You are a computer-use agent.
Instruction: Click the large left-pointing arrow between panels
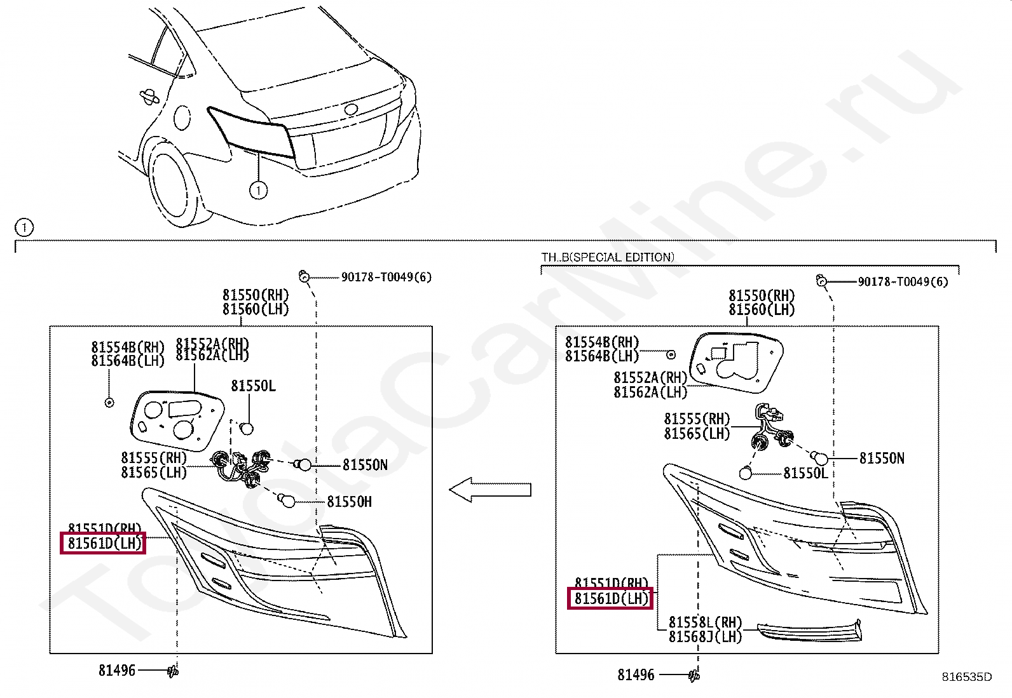pyautogui.click(x=489, y=490)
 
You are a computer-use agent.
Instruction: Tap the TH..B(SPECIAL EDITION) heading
pyautogui.click(x=607, y=257)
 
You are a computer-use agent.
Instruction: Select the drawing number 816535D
pyautogui.click(x=966, y=677)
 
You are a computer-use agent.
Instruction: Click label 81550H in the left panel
pyautogui.click(x=349, y=502)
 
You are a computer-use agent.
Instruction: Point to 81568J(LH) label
pyautogui.click(x=705, y=636)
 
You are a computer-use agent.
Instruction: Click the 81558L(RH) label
pyautogui.click(x=705, y=622)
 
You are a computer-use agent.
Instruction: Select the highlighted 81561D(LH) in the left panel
pyautogui.click(x=104, y=543)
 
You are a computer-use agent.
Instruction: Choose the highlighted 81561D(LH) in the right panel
pyautogui.click(x=610, y=598)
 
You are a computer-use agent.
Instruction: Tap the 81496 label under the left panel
pyautogui.click(x=117, y=670)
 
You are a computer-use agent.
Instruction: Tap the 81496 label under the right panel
pyautogui.click(x=636, y=675)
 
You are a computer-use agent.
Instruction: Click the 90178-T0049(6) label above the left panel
pyautogui.click(x=386, y=277)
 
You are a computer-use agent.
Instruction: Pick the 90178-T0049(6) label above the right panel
pyautogui.click(x=903, y=281)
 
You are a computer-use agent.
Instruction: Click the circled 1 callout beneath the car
pyautogui.click(x=258, y=189)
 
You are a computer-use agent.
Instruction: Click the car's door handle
pyautogui.click(x=149, y=97)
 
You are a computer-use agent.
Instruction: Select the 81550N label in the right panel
pyautogui.click(x=881, y=458)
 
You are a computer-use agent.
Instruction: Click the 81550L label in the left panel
pyautogui.click(x=253, y=386)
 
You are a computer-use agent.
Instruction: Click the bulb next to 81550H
pyautogui.click(x=288, y=501)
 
